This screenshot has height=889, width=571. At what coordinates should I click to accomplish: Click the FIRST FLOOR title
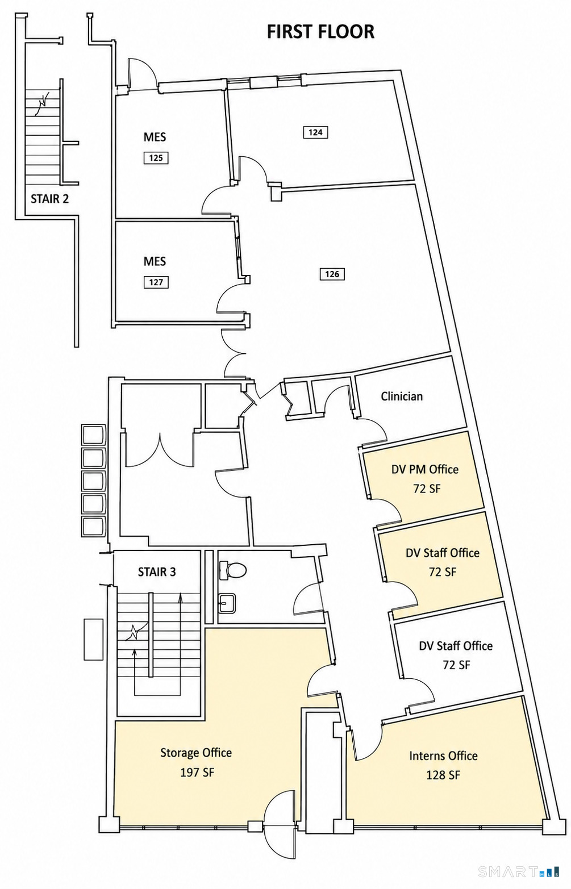click(x=320, y=32)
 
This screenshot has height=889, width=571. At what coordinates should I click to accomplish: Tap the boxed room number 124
click(x=315, y=132)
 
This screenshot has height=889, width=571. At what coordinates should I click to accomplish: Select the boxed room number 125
click(x=156, y=158)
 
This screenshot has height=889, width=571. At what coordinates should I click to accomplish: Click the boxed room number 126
click(x=332, y=274)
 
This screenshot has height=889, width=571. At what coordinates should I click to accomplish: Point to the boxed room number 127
click(x=156, y=282)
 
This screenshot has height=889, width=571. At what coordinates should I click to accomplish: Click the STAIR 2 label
click(x=49, y=198)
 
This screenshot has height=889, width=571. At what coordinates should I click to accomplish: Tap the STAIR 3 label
click(x=156, y=572)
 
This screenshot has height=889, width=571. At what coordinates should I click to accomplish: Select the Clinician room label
click(x=402, y=396)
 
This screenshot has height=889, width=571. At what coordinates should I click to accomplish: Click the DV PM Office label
click(x=425, y=469)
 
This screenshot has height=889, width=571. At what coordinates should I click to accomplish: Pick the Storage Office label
click(x=196, y=753)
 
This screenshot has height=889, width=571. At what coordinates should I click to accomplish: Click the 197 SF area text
click(x=197, y=773)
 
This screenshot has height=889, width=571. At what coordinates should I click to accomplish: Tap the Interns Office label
click(x=443, y=756)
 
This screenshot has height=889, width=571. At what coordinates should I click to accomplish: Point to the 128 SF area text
click(x=443, y=775)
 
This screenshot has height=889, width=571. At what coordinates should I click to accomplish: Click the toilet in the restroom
click(x=232, y=570)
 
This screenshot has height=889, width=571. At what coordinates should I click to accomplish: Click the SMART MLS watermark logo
click(x=519, y=871)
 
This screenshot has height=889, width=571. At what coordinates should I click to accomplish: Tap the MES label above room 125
click(x=155, y=137)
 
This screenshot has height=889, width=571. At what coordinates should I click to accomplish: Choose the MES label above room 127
click(x=155, y=261)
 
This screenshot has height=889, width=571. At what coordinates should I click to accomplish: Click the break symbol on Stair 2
click(x=43, y=104)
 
